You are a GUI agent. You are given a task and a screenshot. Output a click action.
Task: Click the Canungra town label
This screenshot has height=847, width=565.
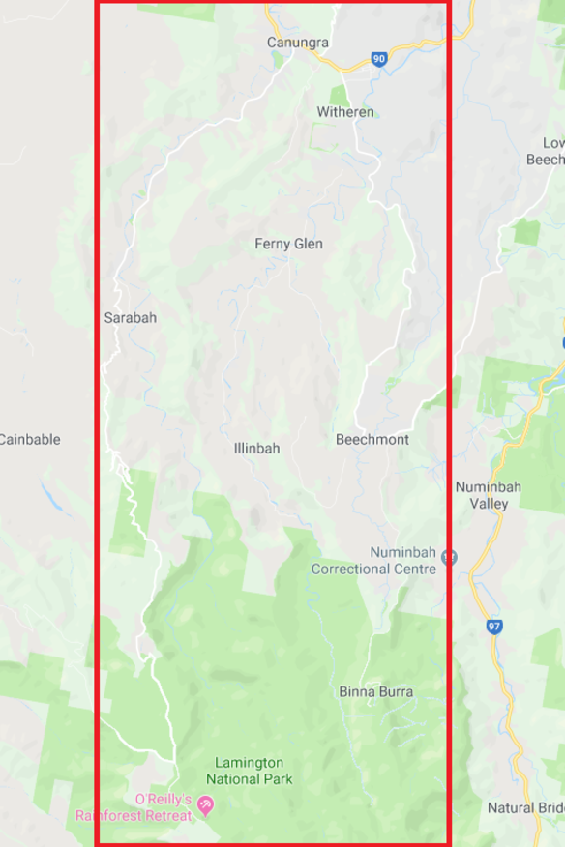click(298, 43)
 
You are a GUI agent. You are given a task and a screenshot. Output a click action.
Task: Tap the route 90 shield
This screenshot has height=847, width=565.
click(378, 60)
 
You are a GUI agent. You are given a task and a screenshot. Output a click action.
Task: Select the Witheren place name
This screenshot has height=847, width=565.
click(345, 112)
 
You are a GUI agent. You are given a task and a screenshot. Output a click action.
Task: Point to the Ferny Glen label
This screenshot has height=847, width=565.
click(288, 244)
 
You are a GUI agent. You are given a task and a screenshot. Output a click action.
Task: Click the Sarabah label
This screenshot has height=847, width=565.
click(130, 317)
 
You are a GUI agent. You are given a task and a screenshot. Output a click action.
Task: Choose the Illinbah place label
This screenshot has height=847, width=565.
click(256, 449)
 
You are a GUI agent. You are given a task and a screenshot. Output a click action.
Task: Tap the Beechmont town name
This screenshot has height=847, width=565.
click(372, 439)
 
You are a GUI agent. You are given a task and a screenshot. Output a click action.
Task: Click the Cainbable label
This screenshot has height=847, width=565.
click(29, 439)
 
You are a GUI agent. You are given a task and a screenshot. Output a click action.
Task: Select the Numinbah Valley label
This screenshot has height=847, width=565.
click(488, 495)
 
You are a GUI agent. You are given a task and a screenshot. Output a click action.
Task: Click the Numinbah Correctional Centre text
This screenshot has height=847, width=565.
click(373, 561)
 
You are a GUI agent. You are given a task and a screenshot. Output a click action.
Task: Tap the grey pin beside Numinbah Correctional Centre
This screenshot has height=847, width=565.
click(448, 558)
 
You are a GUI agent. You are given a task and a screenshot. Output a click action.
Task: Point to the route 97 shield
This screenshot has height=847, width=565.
click(494, 627)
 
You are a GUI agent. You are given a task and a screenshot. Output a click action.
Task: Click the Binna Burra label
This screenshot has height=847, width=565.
click(376, 691)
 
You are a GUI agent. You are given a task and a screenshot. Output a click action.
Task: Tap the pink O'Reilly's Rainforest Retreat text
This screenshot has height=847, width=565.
click(134, 806)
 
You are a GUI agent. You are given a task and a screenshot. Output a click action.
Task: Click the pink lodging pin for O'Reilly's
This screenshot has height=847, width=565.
click(205, 805)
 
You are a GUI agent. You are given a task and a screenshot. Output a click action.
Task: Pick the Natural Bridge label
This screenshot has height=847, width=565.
click(525, 807)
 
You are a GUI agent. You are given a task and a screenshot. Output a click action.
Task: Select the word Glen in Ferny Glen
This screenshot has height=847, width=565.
click(309, 244)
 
